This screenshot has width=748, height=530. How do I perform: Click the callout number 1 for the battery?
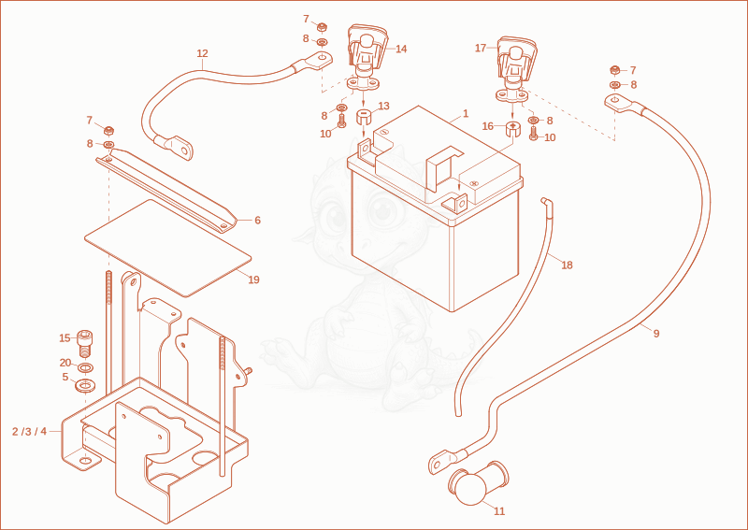(466, 113)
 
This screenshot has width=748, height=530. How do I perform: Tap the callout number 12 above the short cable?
(202, 53)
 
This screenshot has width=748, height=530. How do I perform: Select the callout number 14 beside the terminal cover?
(401, 49)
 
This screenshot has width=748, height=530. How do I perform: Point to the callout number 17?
(481, 48)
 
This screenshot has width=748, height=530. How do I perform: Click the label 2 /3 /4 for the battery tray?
(30, 431)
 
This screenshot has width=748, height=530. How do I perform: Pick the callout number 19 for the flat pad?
(253, 279)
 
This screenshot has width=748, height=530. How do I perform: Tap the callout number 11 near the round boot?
(499, 511)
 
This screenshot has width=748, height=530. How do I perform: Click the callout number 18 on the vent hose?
(567, 265)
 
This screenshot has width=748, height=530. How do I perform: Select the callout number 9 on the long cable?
(656, 334)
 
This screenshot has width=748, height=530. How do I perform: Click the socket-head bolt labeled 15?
(85, 343)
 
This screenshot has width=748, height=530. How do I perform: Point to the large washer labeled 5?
(85, 384)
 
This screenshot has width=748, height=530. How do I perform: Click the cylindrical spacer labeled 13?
(364, 117)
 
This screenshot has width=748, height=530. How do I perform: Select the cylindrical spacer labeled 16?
(511, 129)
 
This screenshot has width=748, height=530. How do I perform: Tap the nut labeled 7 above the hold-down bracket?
(108, 130)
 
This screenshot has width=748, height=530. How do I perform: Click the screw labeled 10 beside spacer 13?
(341, 121)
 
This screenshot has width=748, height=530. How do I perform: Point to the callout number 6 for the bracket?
(257, 220)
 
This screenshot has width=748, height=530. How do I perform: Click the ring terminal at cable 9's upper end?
(619, 104)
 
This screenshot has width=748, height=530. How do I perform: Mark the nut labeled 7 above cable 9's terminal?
(615, 71)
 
